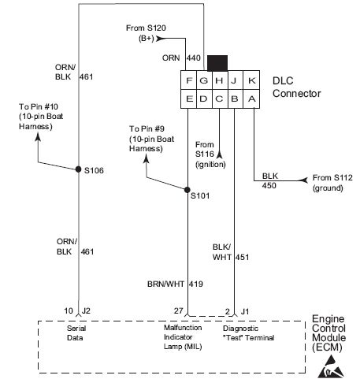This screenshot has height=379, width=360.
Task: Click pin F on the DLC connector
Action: [x=189, y=80]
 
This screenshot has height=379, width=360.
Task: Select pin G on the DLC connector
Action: [x=204, y=80]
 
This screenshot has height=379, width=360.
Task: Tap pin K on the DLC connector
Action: [x=251, y=80]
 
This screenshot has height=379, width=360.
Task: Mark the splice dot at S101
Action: [x=187, y=190]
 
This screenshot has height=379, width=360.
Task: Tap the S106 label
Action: [x=94, y=171]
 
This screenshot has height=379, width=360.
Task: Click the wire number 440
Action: [x=194, y=58]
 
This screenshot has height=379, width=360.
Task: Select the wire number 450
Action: [x=270, y=186]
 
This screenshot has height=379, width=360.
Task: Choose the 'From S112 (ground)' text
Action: [x=332, y=183]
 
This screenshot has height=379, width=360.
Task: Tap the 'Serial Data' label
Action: [x=76, y=331]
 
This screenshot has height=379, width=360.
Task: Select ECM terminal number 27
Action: [x=180, y=312]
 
